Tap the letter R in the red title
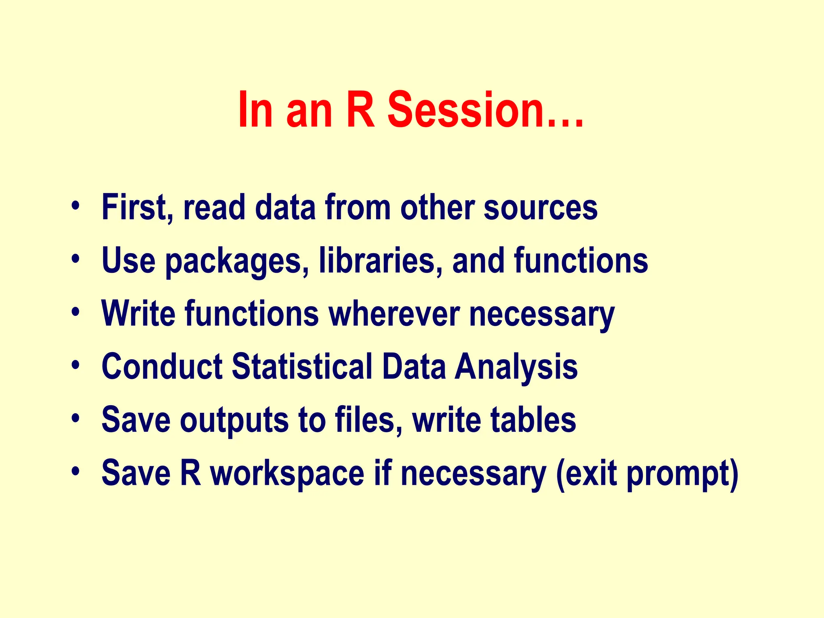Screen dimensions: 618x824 pos(360,109)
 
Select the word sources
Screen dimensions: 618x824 pos(540,208)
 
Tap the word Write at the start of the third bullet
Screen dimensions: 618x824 pos(138,313)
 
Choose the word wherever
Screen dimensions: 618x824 pos(394,313)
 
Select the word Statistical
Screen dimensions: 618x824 pos(302,367)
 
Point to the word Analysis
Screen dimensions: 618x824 pos(516,367)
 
